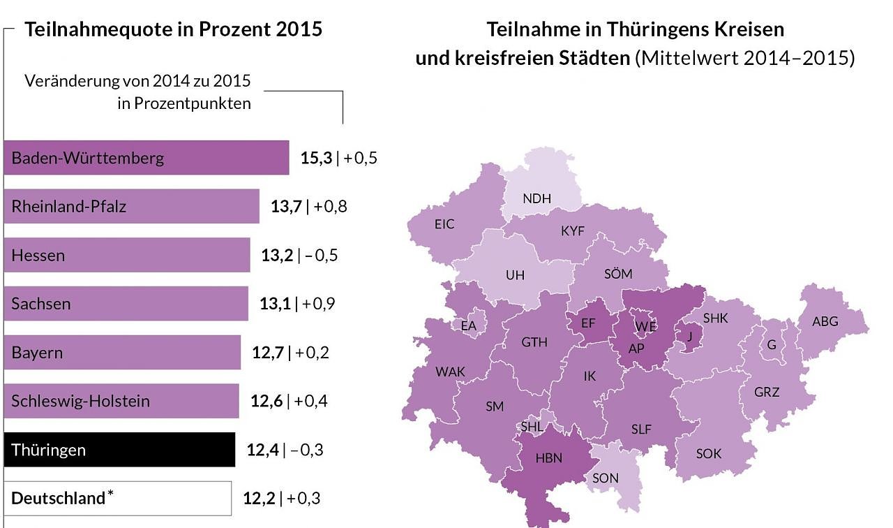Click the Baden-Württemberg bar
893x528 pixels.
click(146, 158)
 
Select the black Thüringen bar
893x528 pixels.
click(119, 450)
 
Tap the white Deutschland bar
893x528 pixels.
click(117, 499)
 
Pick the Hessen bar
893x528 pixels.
click(126, 256)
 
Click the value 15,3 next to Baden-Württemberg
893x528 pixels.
click(316, 158)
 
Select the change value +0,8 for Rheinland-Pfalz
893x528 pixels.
click(331, 207)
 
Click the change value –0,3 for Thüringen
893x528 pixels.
click(306, 450)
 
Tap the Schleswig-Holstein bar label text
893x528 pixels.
click(80, 402)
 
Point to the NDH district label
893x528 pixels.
click(536, 198)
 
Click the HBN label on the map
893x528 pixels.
click(549, 458)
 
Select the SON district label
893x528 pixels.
click(605, 478)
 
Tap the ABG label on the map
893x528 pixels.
click(825, 322)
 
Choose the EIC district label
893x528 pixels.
click(444, 224)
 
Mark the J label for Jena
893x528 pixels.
click(689, 335)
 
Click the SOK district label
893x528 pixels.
click(709, 454)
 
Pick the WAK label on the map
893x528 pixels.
click(450, 372)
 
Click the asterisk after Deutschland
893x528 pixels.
click(110, 494)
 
